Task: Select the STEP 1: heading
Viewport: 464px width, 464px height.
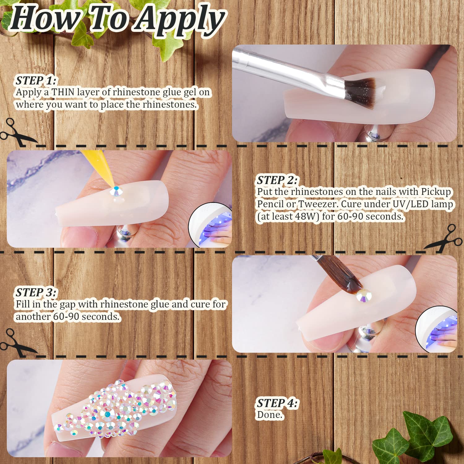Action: [x=36, y=80]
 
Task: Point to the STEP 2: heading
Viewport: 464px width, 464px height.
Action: [x=277, y=180]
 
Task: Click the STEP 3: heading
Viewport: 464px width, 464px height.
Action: [x=36, y=292]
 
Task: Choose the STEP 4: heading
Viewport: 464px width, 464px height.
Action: [x=277, y=403]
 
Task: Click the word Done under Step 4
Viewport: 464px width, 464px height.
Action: [x=269, y=415]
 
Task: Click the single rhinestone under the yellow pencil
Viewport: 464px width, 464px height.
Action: [x=116, y=191]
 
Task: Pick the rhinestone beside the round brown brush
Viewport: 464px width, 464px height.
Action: [x=364, y=296]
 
